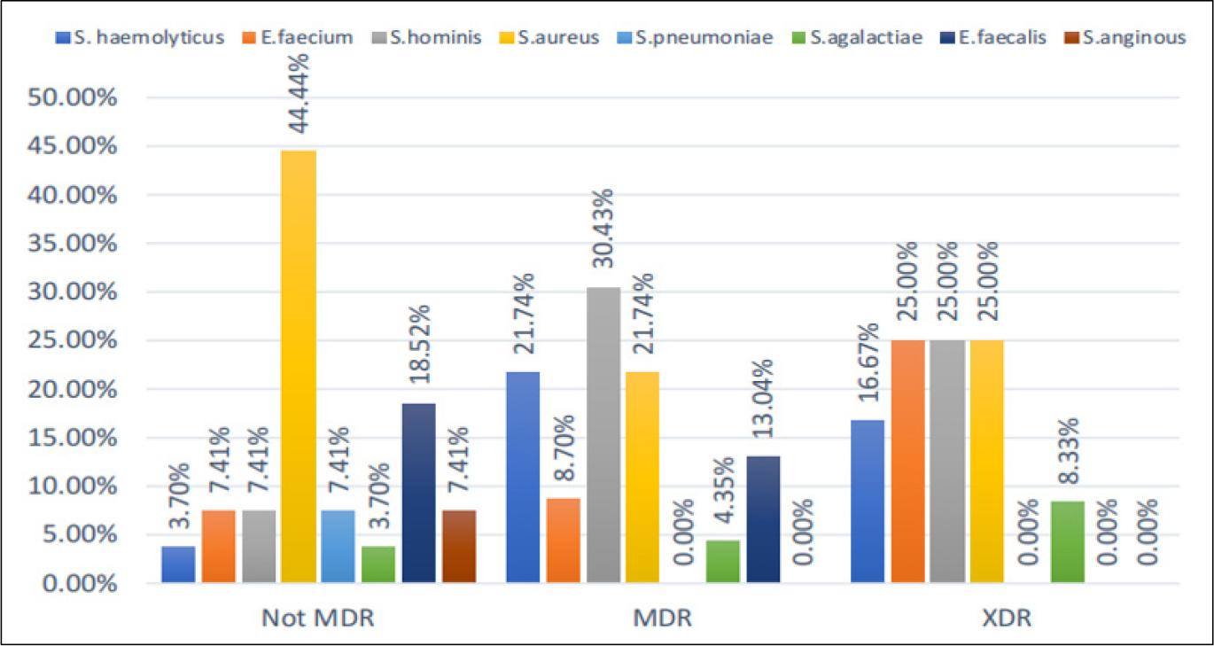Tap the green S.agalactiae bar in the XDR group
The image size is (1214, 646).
[x=1067, y=541]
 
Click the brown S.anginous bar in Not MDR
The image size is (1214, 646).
[x=459, y=546]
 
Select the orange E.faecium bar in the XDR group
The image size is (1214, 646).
[x=907, y=461]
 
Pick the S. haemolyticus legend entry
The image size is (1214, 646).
[x=140, y=38]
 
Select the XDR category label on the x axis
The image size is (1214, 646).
[x=1008, y=617]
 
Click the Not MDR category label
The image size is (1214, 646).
[x=318, y=617]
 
